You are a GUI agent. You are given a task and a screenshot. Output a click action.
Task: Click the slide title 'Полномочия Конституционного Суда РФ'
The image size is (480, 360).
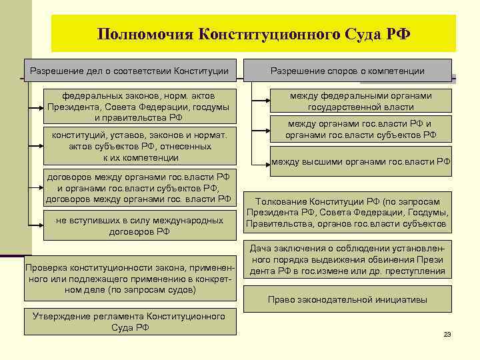pyautogui.click(x=253, y=33)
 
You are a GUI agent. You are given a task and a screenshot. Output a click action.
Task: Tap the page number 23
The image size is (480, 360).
pyautogui.click(x=447, y=334)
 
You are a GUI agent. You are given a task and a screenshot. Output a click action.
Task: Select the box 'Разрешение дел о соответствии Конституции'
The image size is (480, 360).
pyautogui.click(x=130, y=71)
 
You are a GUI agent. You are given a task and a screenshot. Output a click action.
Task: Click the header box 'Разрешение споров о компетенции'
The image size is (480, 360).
pyautogui.click(x=347, y=71)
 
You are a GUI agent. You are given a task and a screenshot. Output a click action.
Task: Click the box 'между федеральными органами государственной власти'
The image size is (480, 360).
pyautogui.click(x=361, y=101)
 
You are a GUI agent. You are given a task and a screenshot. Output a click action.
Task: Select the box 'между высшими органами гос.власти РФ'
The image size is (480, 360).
pyautogui.click(x=361, y=161)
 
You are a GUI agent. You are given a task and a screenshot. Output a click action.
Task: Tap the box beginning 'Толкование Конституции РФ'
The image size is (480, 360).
pyautogui.click(x=347, y=213)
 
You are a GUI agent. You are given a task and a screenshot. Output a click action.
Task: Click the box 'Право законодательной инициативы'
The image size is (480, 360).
pyautogui.click(x=347, y=299)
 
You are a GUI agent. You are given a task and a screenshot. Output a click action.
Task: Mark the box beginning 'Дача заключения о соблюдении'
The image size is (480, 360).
pyautogui.click(x=347, y=260)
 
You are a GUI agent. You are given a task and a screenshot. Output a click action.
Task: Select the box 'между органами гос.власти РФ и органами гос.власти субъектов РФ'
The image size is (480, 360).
pyautogui.click(x=361, y=129)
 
